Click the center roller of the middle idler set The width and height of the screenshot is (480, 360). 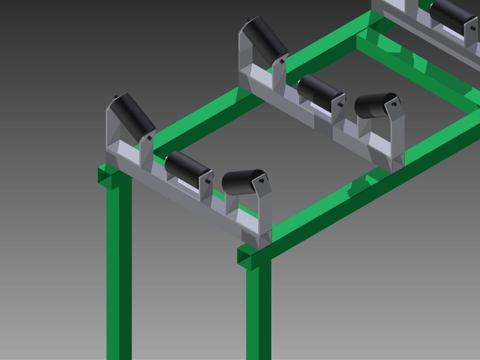[320, 92]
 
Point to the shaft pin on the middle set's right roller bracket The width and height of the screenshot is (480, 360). [394, 104]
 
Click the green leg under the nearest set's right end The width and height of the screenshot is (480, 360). [258, 309]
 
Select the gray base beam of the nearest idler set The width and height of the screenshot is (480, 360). [187, 197]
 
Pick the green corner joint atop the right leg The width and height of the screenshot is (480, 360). [248, 256]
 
